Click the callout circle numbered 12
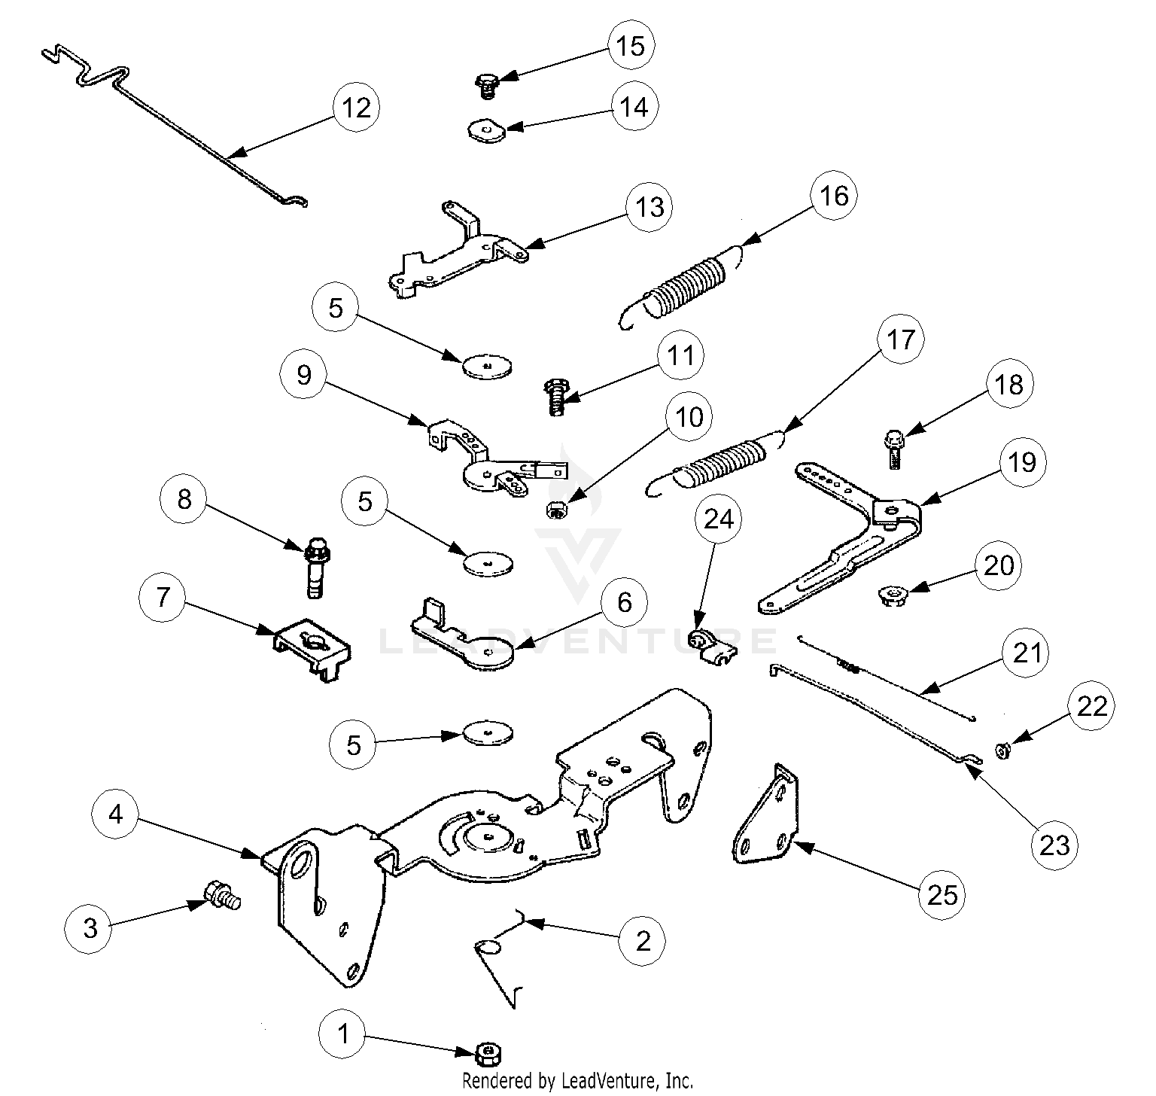[356, 108]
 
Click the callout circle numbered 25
[942, 894]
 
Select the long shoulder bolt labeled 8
[316, 566]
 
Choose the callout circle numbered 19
[1022, 461]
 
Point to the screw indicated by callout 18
[894, 449]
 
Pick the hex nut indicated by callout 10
[556, 510]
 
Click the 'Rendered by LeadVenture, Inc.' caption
[576, 1080]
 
